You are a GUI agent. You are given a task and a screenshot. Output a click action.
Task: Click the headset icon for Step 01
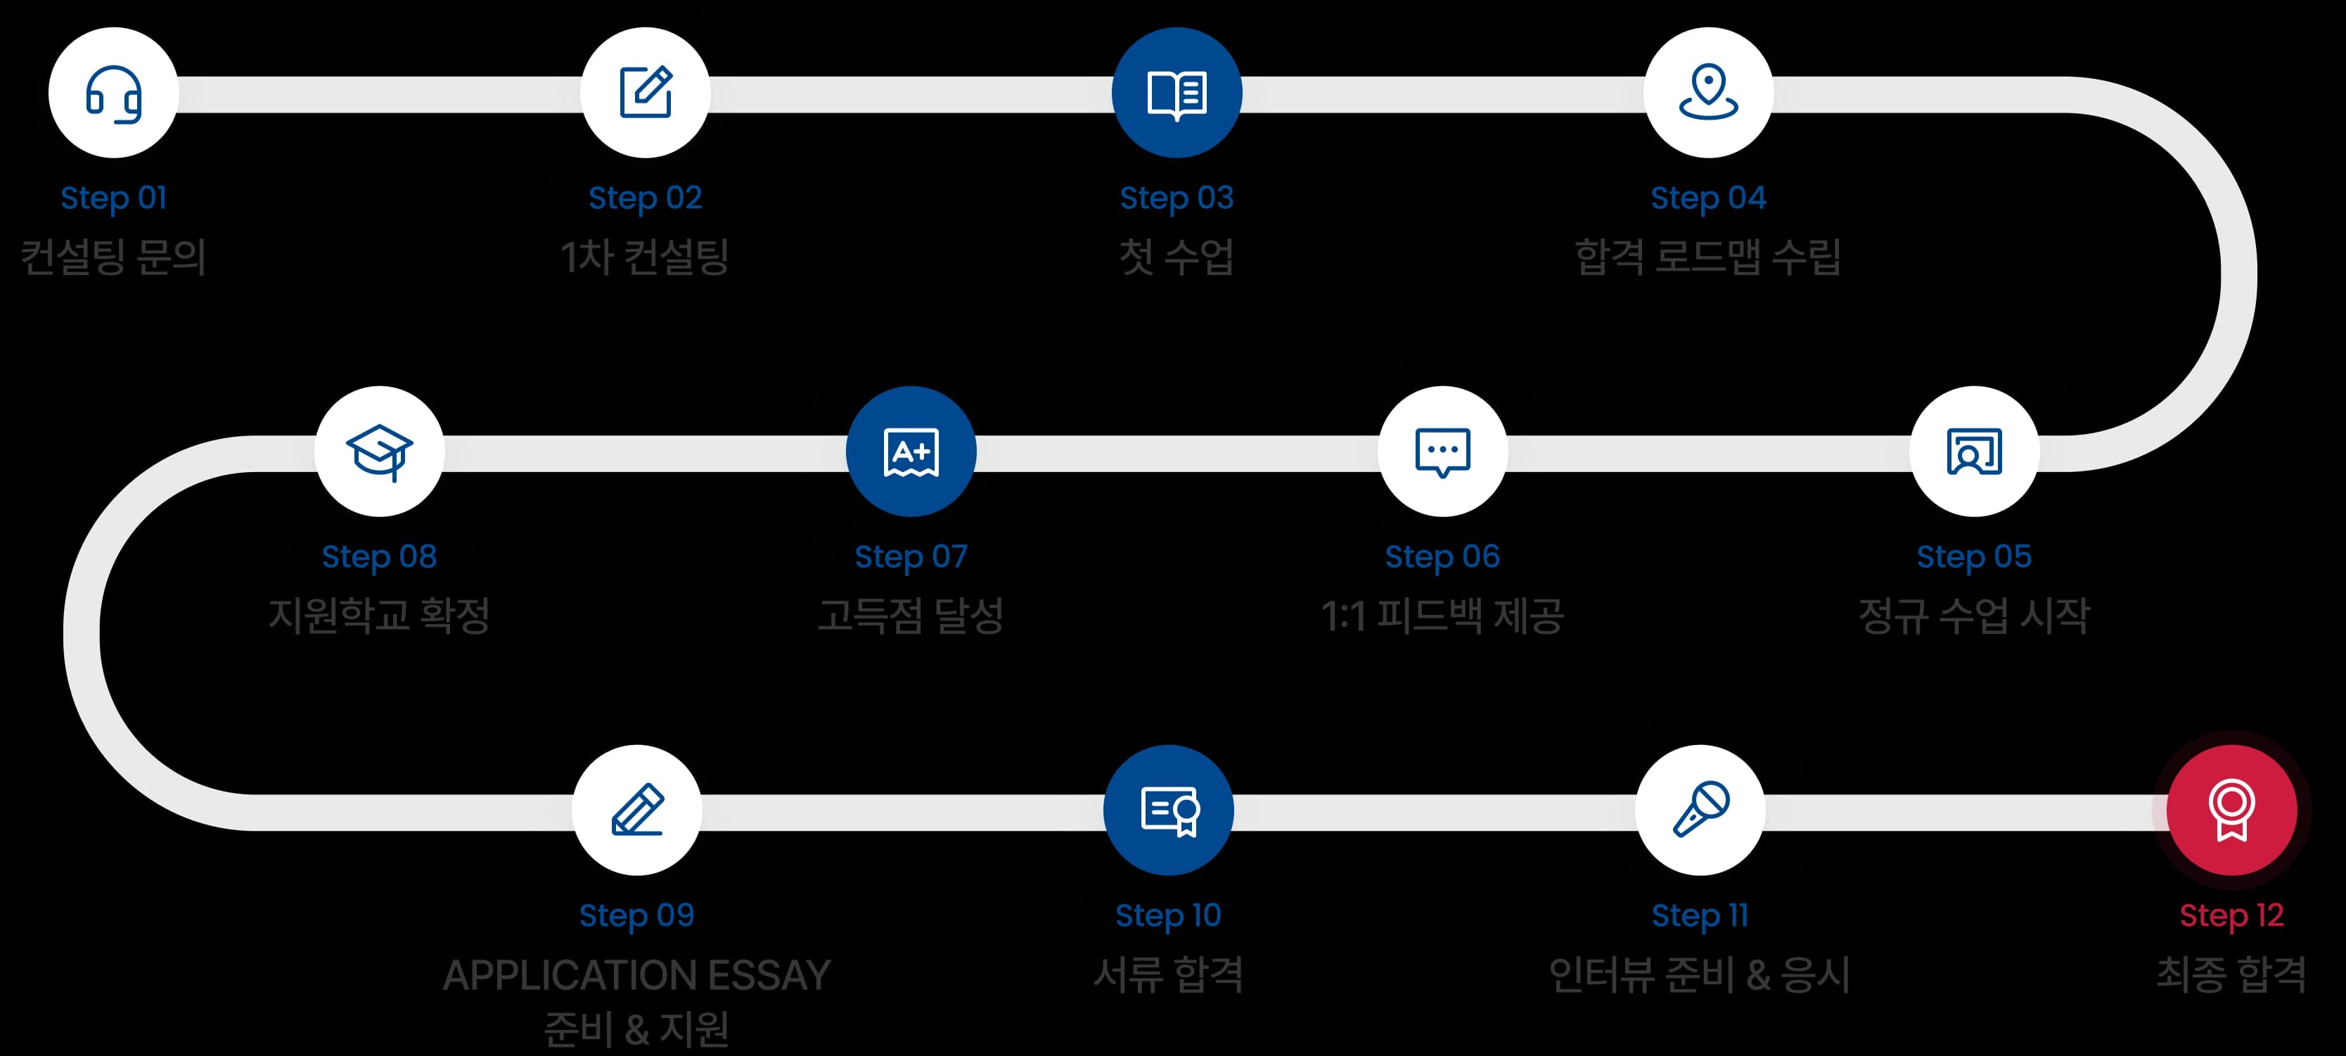(x=113, y=93)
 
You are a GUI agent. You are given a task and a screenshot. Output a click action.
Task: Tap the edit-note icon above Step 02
(x=645, y=93)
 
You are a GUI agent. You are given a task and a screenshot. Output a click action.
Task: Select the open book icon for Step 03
(x=1177, y=93)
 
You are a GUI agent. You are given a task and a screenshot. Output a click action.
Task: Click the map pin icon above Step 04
(x=1708, y=93)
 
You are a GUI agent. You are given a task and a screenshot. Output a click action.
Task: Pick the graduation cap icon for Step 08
(x=380, y=451)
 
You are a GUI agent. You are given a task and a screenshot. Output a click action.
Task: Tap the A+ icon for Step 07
(x=911, y=451)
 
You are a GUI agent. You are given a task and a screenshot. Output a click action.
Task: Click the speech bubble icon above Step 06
(x=1442, y=451)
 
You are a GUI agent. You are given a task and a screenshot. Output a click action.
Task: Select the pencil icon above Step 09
(x=636, y=810)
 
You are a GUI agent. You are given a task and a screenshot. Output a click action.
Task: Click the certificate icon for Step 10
(x=1169, y=810)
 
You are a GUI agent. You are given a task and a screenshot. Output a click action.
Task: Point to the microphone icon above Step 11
(x=1700, y=810)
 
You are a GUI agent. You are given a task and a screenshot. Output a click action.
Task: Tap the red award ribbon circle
(x=2231, y=810)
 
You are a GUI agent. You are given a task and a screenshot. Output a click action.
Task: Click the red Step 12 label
(x=2231, y=915)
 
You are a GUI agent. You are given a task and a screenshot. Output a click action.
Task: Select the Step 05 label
(x=1973, y=556)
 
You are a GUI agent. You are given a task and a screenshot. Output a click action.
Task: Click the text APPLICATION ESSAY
(x=636, y=975)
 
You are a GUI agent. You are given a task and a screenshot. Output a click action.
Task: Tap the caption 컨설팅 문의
(x=113, y=256)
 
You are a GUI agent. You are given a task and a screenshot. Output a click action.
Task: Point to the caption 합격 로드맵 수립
(x=1708, y=256)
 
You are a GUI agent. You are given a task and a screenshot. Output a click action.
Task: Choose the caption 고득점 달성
(x=911, y=615)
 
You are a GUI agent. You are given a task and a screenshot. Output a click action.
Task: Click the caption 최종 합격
(x=2231, y=974)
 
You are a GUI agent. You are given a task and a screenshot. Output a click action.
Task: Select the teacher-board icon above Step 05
(x=1973, y=451)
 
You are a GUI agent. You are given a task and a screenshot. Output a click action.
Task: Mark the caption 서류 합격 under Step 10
(x=1169, y=974)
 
